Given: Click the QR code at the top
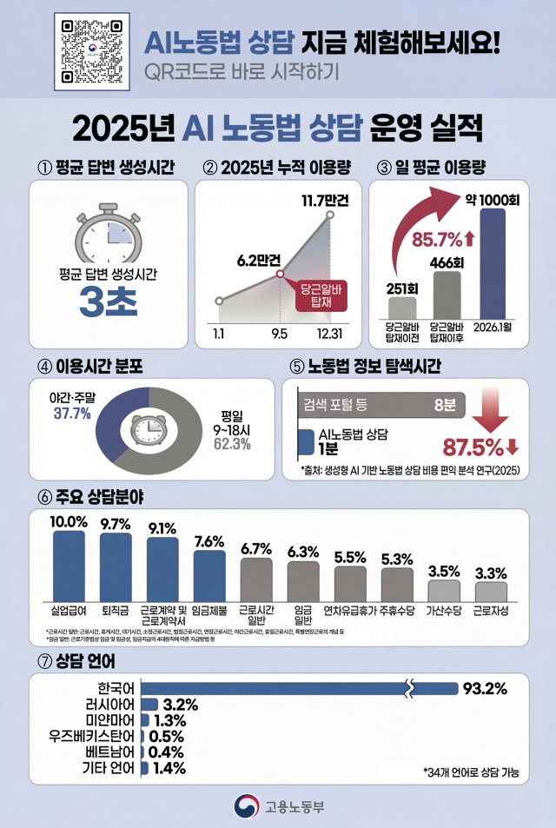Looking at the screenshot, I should point(90,51).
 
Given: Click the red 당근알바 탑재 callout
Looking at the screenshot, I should point(322,293).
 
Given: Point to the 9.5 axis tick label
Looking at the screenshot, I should point(280,333).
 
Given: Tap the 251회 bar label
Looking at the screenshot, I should point(401,288).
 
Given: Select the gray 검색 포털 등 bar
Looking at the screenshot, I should point(381,403).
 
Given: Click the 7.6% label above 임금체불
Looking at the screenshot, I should point(210,541).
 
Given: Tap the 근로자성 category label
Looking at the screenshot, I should point(492,611).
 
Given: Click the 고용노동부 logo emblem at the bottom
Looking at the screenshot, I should point(247,805).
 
